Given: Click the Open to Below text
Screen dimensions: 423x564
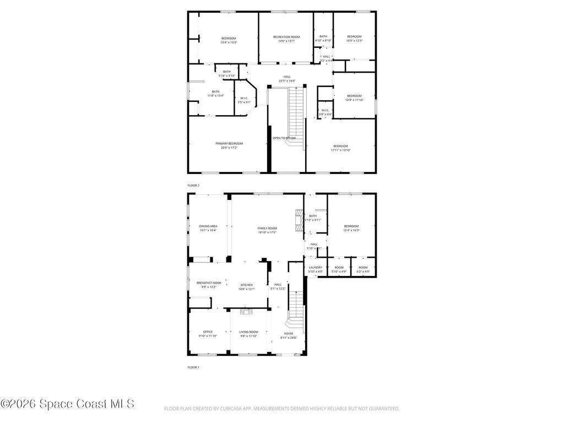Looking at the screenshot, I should coord(284,138).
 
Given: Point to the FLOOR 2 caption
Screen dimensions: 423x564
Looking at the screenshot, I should coord(193,186).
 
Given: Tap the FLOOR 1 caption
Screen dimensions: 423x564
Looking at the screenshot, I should coord(193,367).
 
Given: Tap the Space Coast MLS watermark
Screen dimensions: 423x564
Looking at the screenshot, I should coord(67,404).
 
